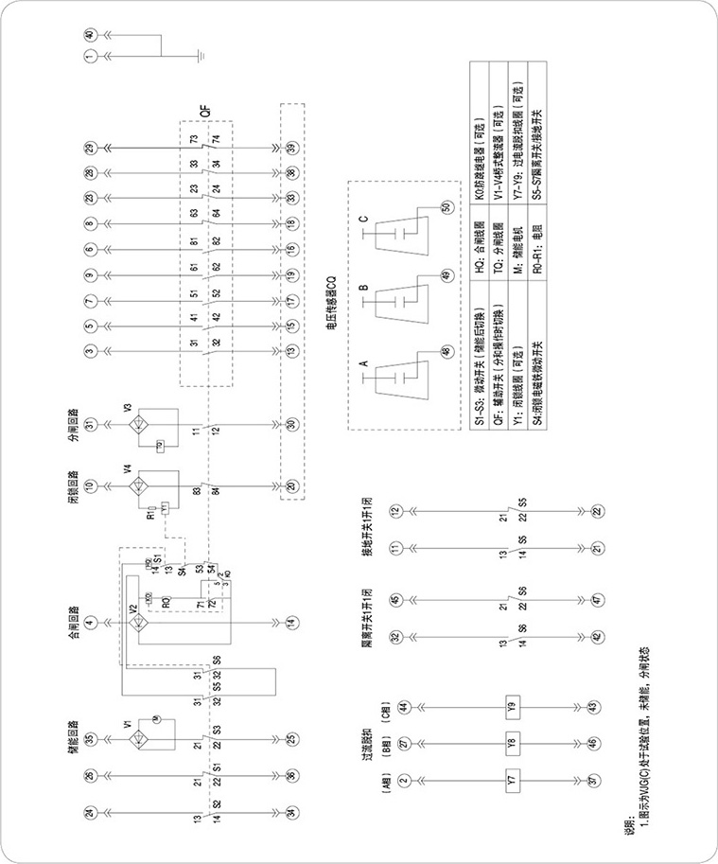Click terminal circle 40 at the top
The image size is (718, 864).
pyautogui.click(x=90, y=35)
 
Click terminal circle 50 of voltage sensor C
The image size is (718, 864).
pyautogui.click(x=447, y=206)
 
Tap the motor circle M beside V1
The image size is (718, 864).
pyautogui.click(x=159, y=722)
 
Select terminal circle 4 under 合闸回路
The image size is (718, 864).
pyautogui.click(x=90, y=622)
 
